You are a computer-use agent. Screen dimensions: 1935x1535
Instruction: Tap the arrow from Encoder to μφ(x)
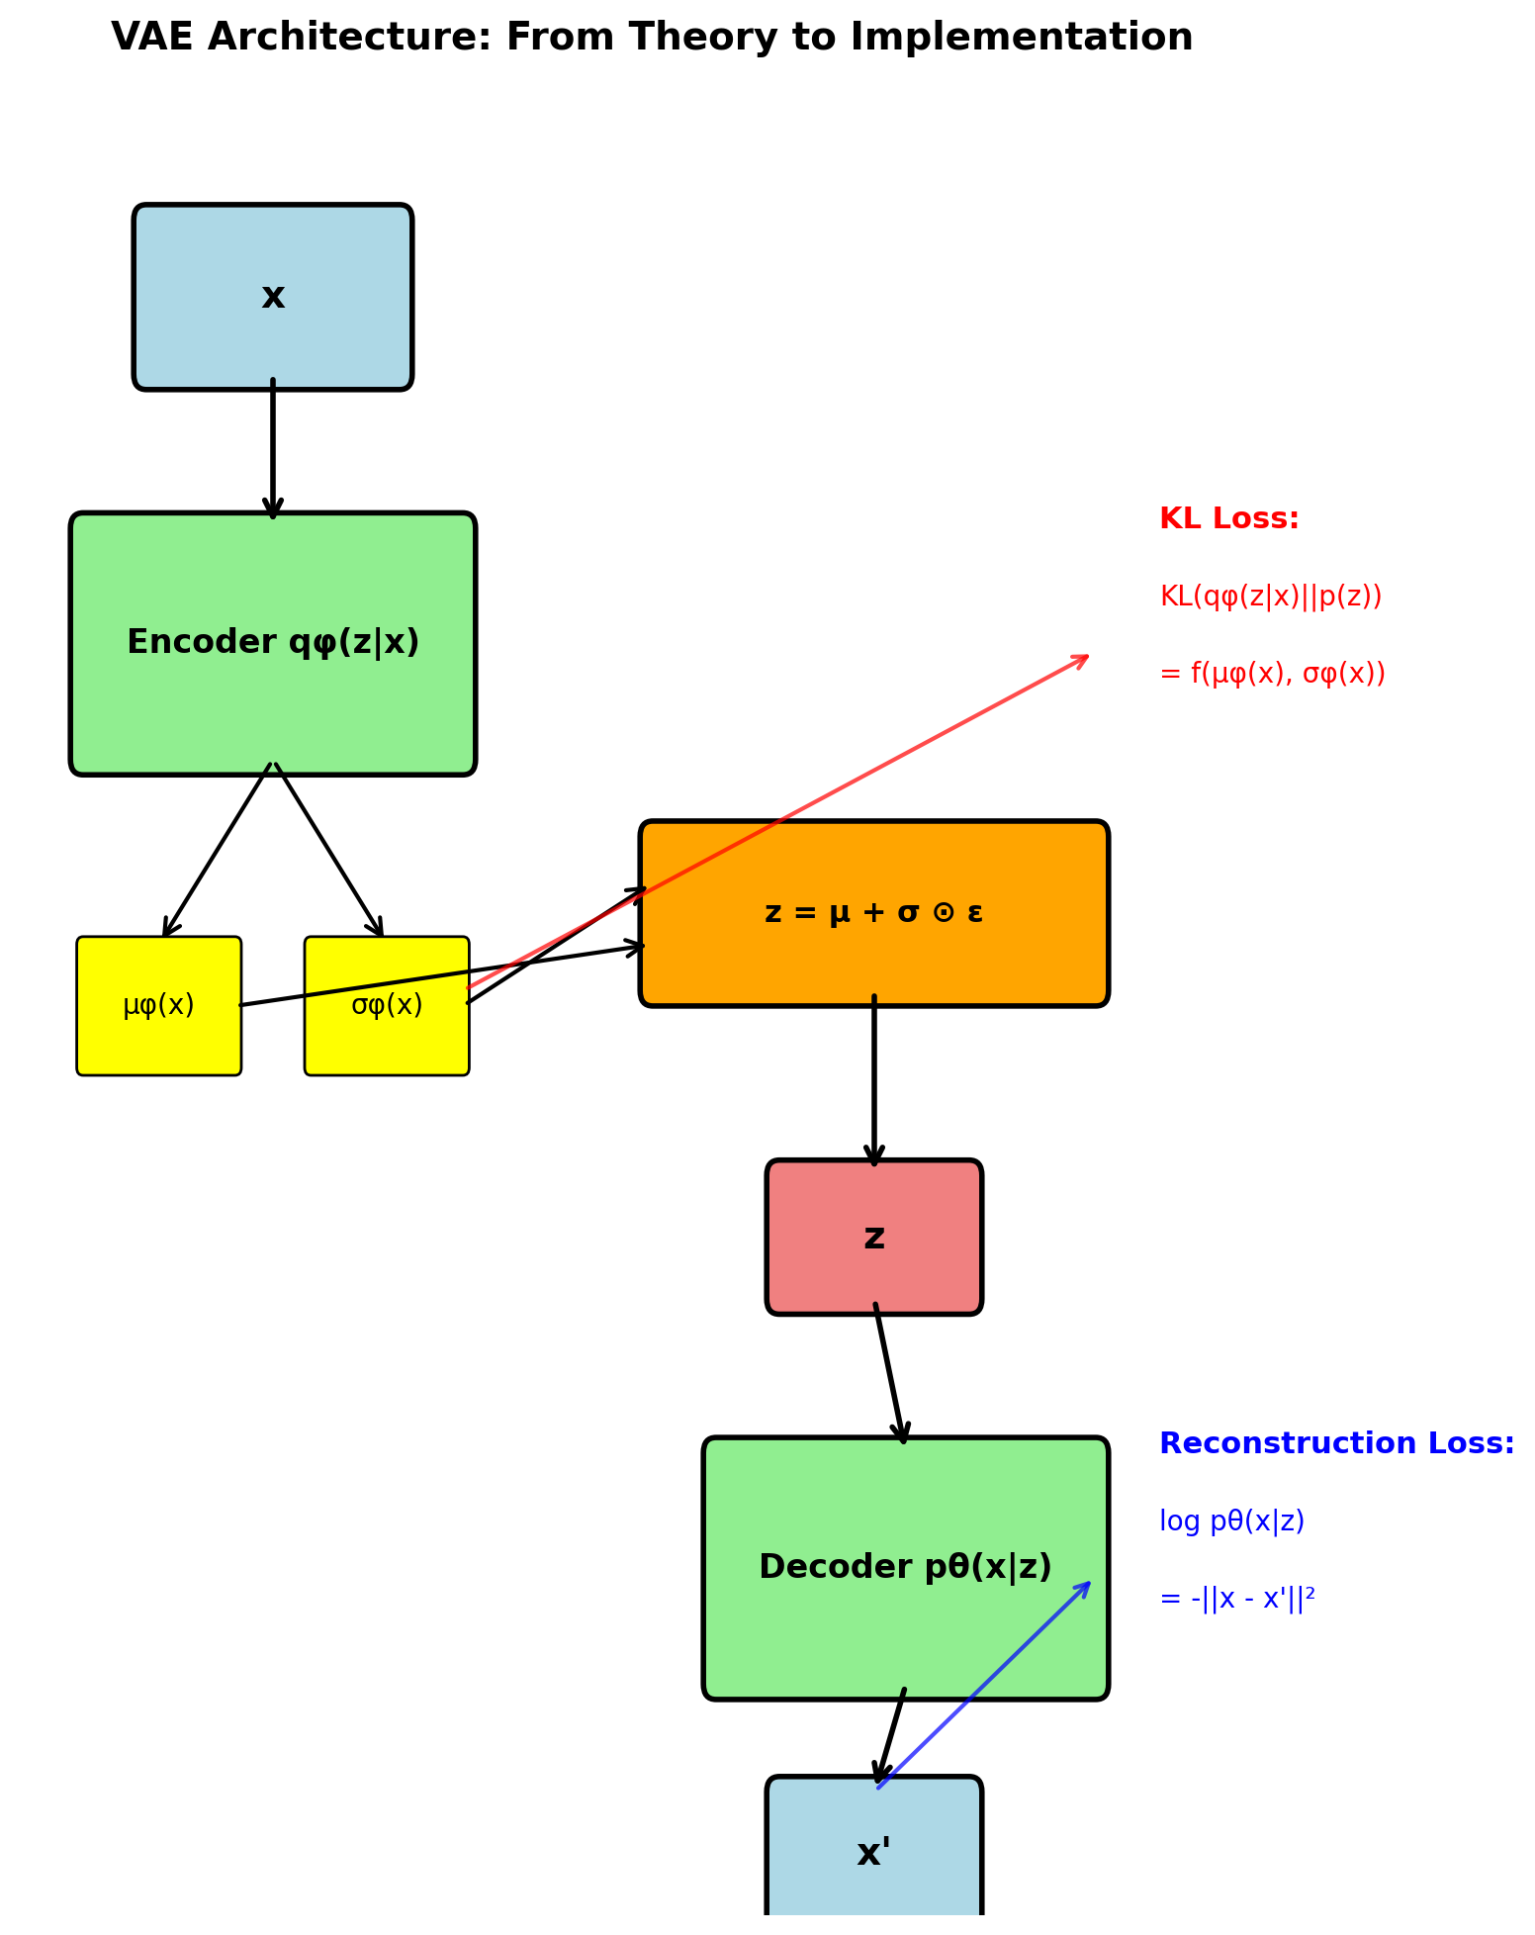pyautogui.click(x=218, y=850)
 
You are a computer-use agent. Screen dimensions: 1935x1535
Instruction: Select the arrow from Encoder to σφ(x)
pyautogui.click(x=328, y=850)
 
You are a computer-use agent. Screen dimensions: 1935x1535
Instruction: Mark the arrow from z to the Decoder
pyautogui.click(x=889, y=1375)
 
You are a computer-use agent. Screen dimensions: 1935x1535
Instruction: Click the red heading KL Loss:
pyautogui.click(x=1228, y=519)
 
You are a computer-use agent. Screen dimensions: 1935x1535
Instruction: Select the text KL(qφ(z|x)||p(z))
pyautogui.click(x=1270, y=597)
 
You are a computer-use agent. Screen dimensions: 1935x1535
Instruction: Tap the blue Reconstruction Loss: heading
pyautogui.click(x=1336, y=1444)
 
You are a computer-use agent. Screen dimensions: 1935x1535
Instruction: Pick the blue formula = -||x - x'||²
pyautogui.click(x=1236, y=1599)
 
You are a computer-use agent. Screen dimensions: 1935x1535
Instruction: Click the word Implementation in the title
pyautogui.click(x=1021, y=38)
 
